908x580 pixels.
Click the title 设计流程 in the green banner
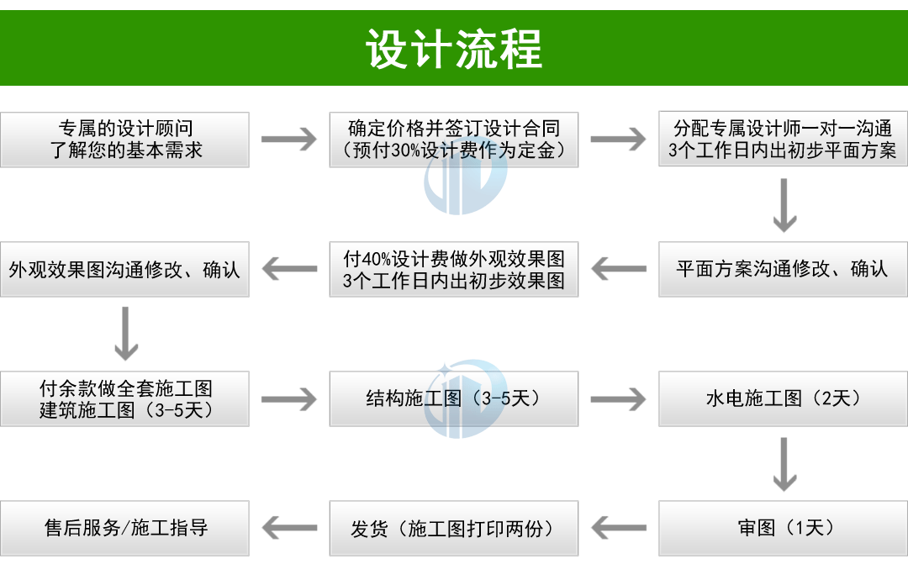click(x=454, y=49)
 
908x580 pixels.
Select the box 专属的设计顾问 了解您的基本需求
click(x=124, y=140)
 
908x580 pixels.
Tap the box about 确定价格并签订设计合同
click(x=454, y=140)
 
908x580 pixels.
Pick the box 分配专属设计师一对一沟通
click(x=783, y=140)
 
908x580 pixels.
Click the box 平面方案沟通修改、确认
click(x=783, y=269)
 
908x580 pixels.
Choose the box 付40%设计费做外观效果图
click(x=454, y=269)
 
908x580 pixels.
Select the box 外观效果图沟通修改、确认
click(x=124, y=269)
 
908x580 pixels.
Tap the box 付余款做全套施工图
click(x=124, y=398)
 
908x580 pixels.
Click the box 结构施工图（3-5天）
click(x=454, y=398)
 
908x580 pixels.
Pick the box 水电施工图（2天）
click(x=783, y=398)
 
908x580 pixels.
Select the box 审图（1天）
click(x=783, y=528)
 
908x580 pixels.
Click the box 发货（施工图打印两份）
click(x=454, y=528)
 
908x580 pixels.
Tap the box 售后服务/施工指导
click(x=124, y=528)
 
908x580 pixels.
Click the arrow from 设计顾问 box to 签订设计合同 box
click(x=289, y=140)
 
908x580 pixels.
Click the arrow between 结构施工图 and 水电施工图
click(x=618, y=398)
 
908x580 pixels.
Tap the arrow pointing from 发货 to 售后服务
click(x=289, y=528)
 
